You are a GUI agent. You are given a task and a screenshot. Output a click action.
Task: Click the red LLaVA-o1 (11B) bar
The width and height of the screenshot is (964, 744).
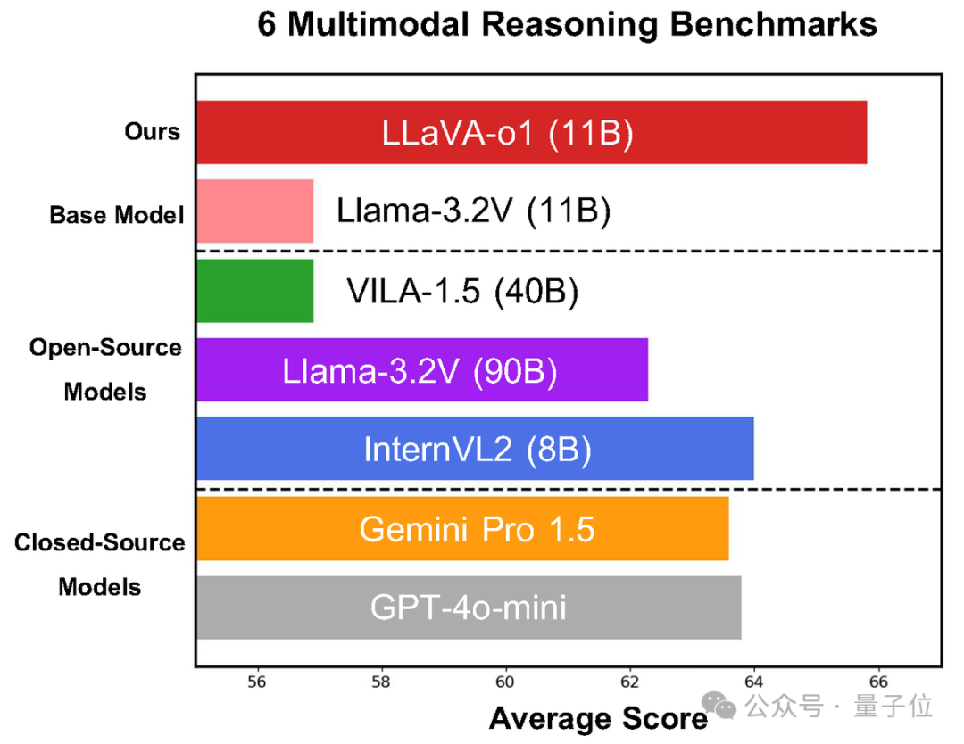531,132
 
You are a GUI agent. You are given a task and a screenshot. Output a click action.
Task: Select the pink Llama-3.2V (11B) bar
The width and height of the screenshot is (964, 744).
254,211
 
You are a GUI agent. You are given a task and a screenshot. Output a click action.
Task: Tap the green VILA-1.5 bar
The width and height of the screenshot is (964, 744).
254,290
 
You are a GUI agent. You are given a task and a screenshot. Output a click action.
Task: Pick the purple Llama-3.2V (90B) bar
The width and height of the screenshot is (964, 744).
421,369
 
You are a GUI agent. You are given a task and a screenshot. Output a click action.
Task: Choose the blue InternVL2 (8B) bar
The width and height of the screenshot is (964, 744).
475,449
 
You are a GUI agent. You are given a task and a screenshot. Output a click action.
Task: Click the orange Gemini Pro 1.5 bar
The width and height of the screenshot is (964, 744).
462,528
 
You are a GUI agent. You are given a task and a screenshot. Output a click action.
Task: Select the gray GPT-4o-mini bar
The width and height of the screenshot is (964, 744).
469,608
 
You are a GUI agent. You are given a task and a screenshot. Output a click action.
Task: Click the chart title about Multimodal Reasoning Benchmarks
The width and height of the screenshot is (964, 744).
567,24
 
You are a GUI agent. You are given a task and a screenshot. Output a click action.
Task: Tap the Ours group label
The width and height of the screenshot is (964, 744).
152,132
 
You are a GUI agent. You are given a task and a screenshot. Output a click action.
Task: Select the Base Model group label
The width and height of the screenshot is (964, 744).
116,215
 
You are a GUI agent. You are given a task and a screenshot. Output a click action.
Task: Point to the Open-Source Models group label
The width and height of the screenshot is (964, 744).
105,369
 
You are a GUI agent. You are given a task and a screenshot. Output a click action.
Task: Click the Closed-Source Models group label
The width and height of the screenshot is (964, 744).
100,565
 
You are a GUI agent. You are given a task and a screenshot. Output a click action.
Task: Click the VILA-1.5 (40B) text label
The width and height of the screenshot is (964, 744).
461,292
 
